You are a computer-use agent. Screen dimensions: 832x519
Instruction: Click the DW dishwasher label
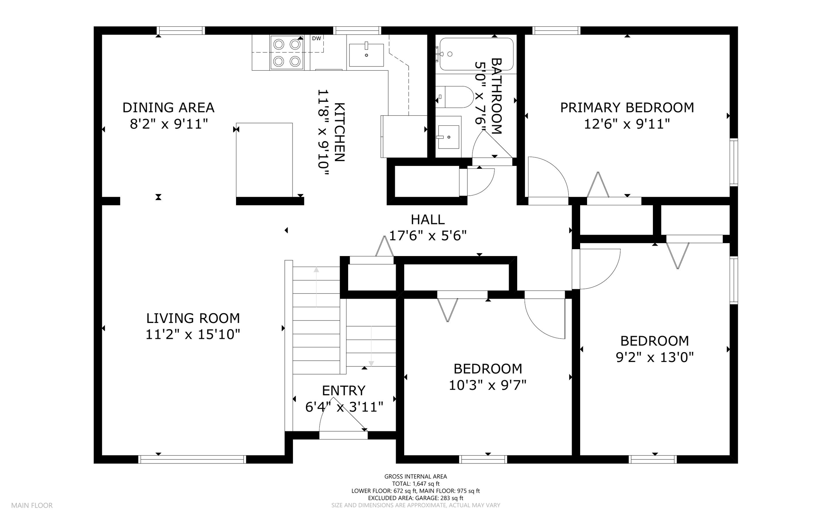tap(316, 39)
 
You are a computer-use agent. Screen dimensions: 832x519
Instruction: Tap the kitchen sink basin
tap(366, 55)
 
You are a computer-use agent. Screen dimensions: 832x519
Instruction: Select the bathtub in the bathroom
tap(476, 54)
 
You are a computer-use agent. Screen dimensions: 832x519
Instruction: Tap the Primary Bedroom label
tap(627, 108)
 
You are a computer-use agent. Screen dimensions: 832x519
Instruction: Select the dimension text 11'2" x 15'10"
tap(193, 334)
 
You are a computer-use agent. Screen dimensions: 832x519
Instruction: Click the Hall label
tap(428, 220)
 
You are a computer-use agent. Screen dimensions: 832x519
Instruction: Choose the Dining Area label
tap(168, 108)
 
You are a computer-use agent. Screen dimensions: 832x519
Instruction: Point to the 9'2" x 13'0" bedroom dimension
tap(654, 357)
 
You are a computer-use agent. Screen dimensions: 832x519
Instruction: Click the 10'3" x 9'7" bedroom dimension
tap(487, 385)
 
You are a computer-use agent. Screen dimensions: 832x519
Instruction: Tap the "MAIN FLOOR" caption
tap(32, 506)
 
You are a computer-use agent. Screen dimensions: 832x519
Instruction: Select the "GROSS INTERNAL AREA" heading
tap(416, 477)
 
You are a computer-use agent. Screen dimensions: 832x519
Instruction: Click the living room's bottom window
tap(192, 459)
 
